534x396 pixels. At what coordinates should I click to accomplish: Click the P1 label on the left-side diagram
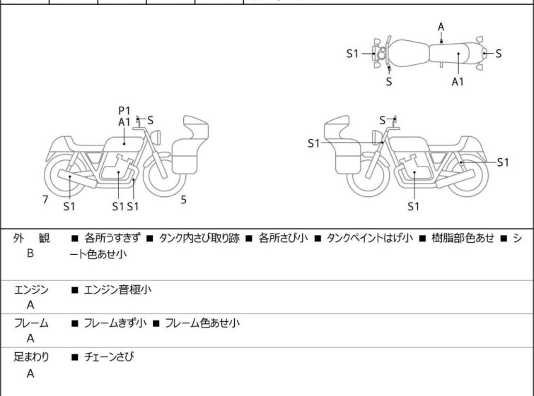pos(124,110)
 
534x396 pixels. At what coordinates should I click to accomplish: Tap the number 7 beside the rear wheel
pos(45,200)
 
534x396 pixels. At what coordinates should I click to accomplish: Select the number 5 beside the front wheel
pos(183,200)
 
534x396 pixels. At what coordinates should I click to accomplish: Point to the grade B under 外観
pos(30,253)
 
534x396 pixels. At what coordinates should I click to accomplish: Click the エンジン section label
pos(31,289)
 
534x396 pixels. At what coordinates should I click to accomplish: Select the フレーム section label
pos(31,323)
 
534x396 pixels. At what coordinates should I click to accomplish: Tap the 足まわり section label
pos(31,357)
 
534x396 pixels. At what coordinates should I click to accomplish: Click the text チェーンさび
pos(109,357)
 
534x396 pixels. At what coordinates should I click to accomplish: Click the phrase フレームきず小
pos(115,323)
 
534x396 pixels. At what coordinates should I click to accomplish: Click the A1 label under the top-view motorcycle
pos(458,82)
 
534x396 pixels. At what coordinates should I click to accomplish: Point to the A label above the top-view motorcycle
pos(441,27)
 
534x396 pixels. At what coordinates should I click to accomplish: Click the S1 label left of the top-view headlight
pos(352,53)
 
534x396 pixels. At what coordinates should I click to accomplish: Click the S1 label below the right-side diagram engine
pos(413,207)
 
